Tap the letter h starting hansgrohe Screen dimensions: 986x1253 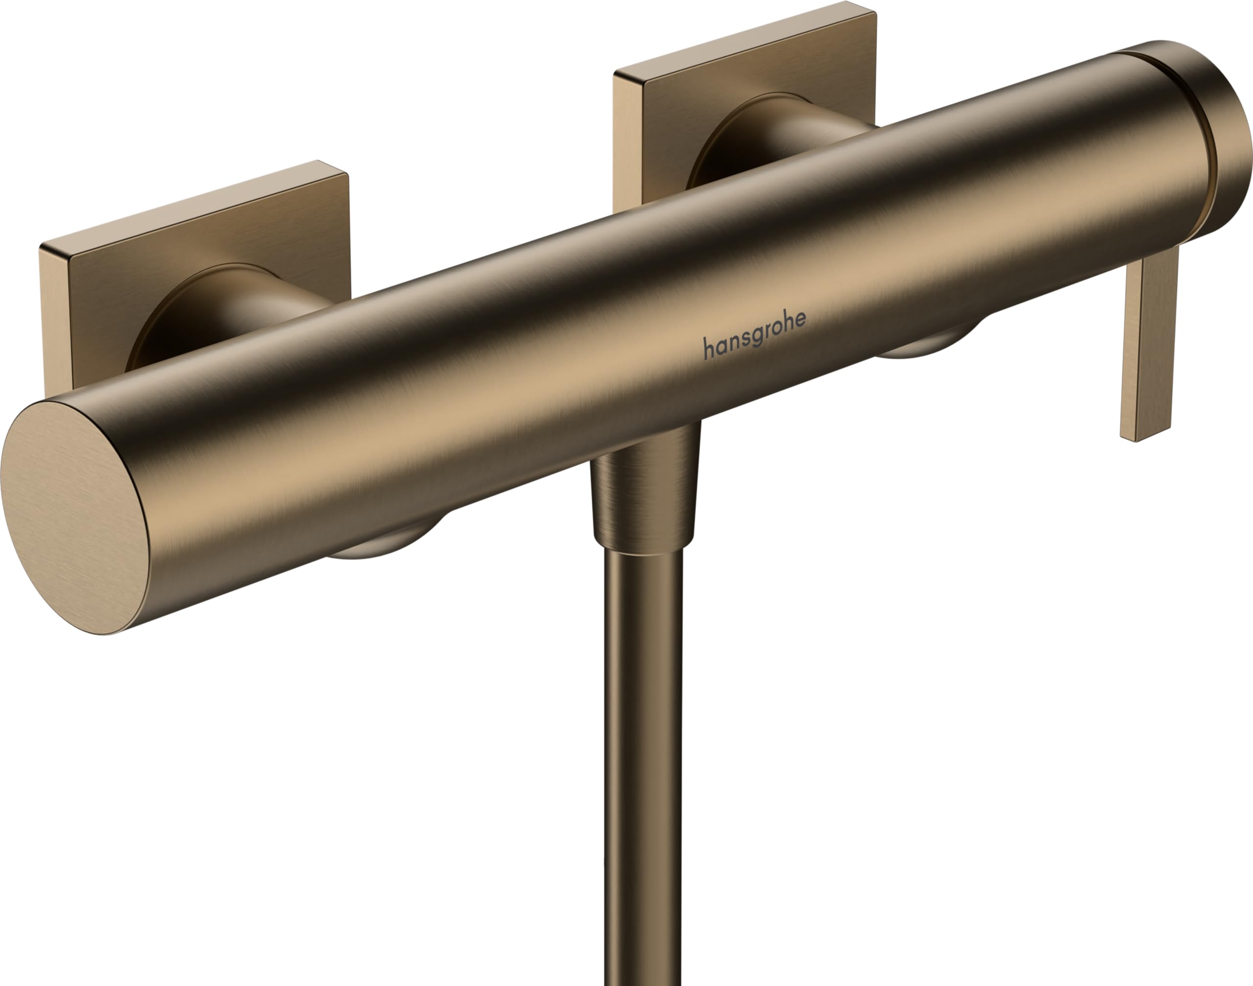707,348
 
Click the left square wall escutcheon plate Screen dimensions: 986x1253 196,254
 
